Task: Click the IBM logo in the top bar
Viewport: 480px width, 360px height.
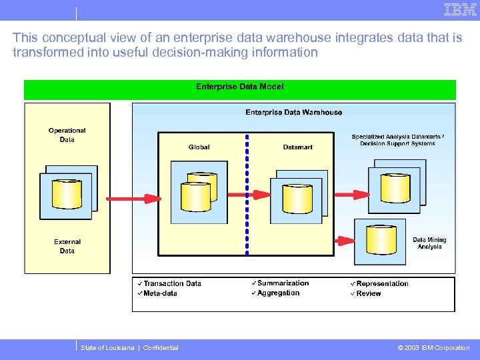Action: pos(460,9)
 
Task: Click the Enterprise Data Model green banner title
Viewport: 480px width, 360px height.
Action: pos(239,87)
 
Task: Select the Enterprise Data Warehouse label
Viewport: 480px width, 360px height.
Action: pos(293,112)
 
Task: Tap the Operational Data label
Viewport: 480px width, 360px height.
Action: pos(67,135)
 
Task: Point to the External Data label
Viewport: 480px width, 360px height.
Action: pos(67,247)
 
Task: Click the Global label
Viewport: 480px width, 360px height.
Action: pos(199,147)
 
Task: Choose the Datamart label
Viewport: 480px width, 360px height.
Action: pos(297,147)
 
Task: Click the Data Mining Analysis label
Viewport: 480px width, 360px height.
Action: pos(429,243)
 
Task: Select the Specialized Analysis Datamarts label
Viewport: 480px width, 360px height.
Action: pos(397,140)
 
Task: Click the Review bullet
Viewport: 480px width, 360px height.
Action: pos(368,293)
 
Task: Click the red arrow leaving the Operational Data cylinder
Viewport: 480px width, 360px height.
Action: pos(133,198)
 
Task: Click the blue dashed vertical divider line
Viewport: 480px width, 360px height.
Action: pos(247,193)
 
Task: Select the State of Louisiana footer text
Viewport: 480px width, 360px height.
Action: pos(129,347)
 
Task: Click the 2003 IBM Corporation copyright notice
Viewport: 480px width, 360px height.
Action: pos(433,347)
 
